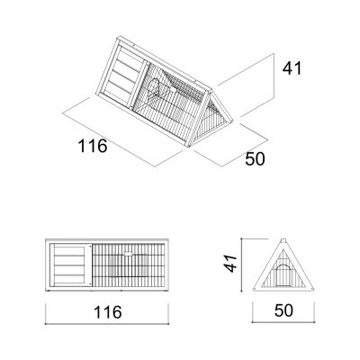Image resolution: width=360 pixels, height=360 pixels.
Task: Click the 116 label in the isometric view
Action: click(x=93, y=146)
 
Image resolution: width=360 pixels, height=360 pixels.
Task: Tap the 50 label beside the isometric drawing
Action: click(x=255, y=158)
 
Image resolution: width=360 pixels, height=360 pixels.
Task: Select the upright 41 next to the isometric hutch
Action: click(x=292, y=68)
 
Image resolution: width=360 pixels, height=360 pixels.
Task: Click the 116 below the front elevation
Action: click(x=108, y=312)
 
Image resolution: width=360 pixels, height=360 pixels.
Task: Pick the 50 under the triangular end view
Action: click(x=283, y=310)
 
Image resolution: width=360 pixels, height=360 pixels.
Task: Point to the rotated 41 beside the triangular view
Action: click(x=231, y=264)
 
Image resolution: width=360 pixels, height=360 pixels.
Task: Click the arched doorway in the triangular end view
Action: click(x=282, y=275)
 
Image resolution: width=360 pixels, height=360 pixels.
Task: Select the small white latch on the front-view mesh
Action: click(x=129, y=254)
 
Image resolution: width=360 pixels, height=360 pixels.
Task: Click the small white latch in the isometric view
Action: click(x=173, y=89)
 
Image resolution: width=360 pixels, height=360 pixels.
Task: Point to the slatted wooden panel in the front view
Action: click(x=69, y=265)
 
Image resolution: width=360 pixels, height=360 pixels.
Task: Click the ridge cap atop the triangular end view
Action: click(x=283, y=240)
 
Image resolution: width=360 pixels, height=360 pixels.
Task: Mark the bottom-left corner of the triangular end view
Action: click(x=253, y=291)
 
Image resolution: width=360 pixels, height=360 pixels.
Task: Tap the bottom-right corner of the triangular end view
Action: click(x=314, y=291)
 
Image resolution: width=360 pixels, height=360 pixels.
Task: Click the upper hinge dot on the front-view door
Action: click(x=90, y=247)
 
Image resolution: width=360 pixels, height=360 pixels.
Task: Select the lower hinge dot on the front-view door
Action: click(x=90, y=283)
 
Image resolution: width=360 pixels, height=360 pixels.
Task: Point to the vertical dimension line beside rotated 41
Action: click(x=241, y=265)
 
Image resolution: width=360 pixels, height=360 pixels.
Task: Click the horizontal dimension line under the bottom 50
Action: click(x=283, y=322)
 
